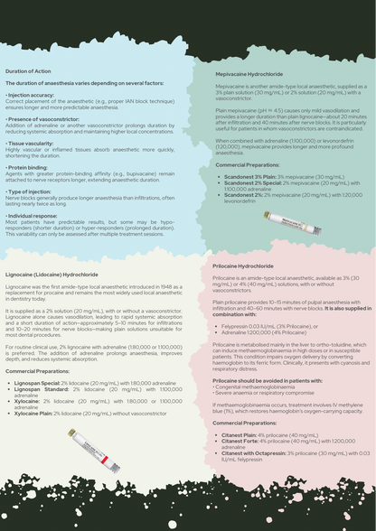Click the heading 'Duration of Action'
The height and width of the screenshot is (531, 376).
click(28, 70)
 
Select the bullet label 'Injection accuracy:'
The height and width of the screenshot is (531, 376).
click(32, 94)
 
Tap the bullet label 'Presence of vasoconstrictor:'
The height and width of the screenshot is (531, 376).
click(43, 118)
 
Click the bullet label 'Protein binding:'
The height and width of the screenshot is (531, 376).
click(28, 167)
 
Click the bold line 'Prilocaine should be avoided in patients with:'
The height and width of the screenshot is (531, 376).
click(260, 380)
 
